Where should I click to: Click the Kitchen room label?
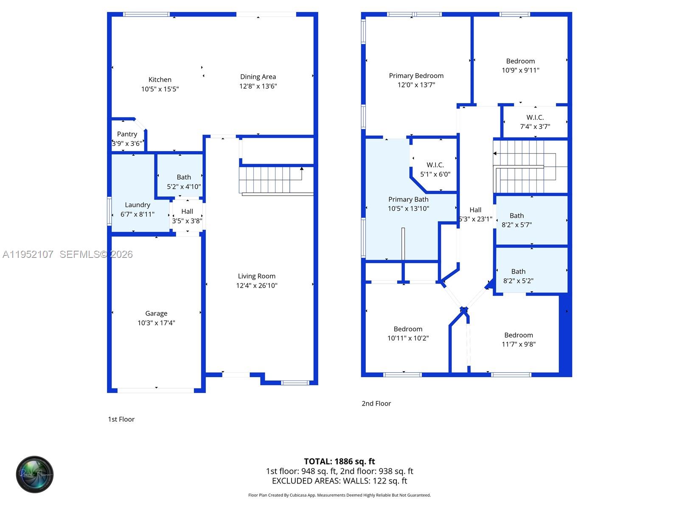tap(160, 80)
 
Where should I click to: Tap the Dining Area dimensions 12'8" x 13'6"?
tap(258, 86)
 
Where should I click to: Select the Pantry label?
tap(127, 134)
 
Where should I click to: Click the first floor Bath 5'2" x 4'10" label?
tap(184, 177)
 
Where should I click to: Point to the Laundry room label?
tap(137, 205)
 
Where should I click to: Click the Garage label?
tap(156, 313)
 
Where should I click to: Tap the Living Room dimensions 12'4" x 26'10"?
tap(257, 285)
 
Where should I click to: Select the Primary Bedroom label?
tap(416, 76)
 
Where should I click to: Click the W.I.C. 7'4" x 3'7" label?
tap(535, 117)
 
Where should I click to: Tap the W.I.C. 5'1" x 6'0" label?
tap(435, 165)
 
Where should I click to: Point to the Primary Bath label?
tap(408, 199)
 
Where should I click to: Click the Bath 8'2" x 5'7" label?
tap(516, 216)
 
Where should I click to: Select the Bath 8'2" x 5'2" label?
tap(518, 271)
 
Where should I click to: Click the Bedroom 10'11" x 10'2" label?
tap(408, 329)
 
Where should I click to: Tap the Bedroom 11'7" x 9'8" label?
tap(519, 335)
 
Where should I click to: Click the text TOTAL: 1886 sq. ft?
tap(339, 461)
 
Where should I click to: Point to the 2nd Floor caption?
tap(376, 403)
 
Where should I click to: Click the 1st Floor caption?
tap(121, 419)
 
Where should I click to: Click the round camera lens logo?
tap(35, 474)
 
